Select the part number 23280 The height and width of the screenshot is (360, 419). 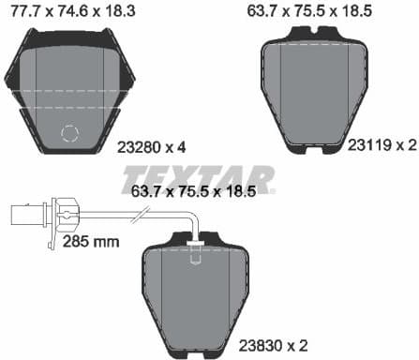[138, 146]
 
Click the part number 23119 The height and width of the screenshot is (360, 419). [367, 144]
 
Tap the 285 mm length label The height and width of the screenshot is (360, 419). [92, 242]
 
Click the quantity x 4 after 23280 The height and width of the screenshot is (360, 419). [177, 146]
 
